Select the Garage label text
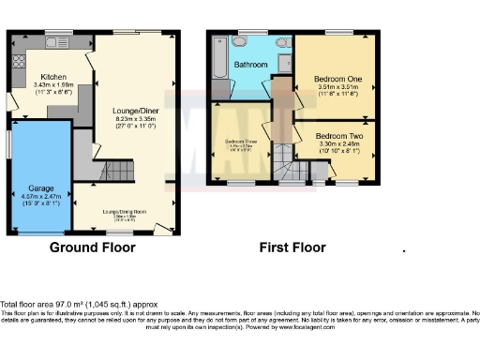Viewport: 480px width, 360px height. (x=39, y=187)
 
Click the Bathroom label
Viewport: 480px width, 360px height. (x=250, y=65)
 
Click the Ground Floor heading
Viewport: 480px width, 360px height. (x=93, y=247)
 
